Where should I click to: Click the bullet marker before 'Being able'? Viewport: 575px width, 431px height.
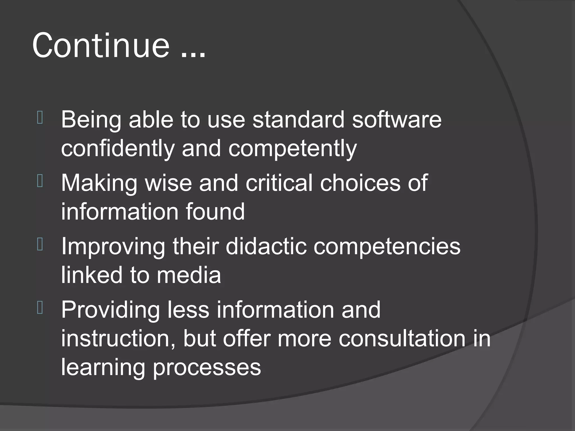tap(40, 118)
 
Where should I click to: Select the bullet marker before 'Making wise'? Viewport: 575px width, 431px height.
tap(40, 181)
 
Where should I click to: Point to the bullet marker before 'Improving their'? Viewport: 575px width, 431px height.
tap(40, 244)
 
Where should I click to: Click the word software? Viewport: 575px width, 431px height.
tap(397, 120)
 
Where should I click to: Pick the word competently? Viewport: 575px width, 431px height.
tap(293, 149)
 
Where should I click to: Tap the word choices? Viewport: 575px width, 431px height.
tap(360, 183)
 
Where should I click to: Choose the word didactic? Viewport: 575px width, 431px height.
tap(266, 246)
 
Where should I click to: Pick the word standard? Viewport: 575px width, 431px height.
tap(298, 120)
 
